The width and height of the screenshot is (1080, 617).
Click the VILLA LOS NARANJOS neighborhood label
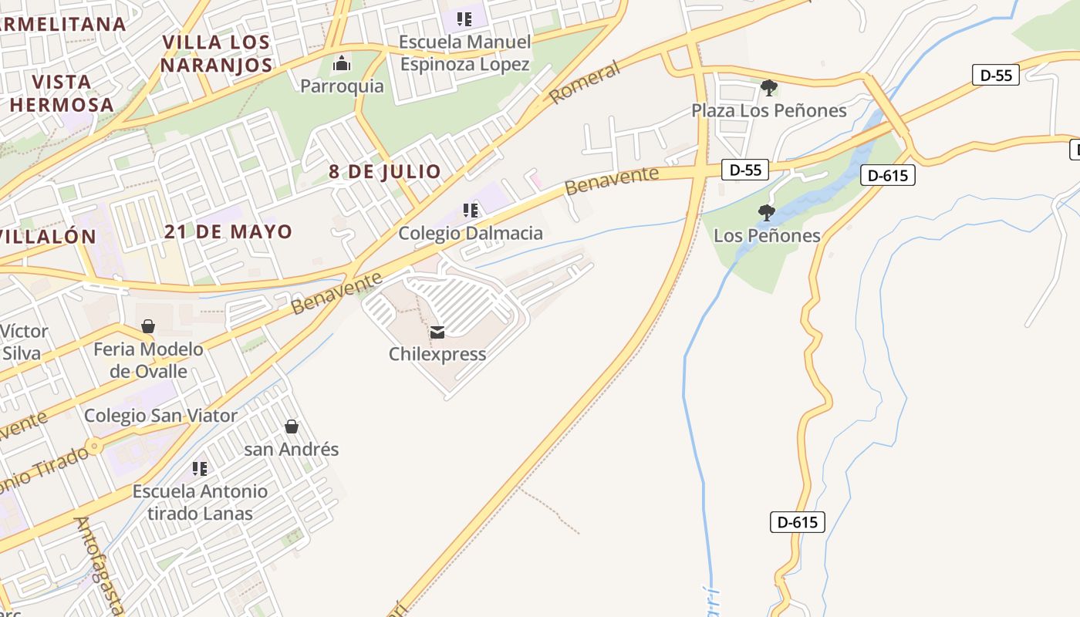[217, 53]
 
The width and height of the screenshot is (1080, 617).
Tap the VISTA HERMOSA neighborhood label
[62, 93]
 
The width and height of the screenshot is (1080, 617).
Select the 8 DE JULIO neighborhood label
[385, 171]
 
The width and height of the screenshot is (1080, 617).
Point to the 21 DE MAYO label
[228, 231]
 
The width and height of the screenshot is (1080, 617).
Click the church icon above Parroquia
[342, 63]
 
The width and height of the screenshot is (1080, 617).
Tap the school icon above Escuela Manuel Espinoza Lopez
[464, 19]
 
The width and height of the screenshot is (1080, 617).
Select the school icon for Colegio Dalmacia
[470, 211]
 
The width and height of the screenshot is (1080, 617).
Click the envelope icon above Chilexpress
[437, 332]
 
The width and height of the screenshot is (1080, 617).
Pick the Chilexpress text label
[437, 354]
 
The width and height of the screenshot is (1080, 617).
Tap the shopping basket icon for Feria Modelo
[148, 327]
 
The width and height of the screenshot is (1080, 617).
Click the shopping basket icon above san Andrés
[292, 427]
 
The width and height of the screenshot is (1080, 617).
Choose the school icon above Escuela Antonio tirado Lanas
[200, 468]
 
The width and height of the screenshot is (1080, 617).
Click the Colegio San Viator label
[161, 416]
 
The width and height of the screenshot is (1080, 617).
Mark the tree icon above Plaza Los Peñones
[768, 88]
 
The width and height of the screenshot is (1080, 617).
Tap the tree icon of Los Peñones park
[766, 213]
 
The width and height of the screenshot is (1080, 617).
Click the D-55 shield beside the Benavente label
[745, 170]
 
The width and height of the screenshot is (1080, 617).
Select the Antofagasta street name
[98, 565]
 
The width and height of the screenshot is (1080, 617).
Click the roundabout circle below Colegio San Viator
[94, 446]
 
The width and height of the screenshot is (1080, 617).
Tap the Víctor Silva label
[25, 342]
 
